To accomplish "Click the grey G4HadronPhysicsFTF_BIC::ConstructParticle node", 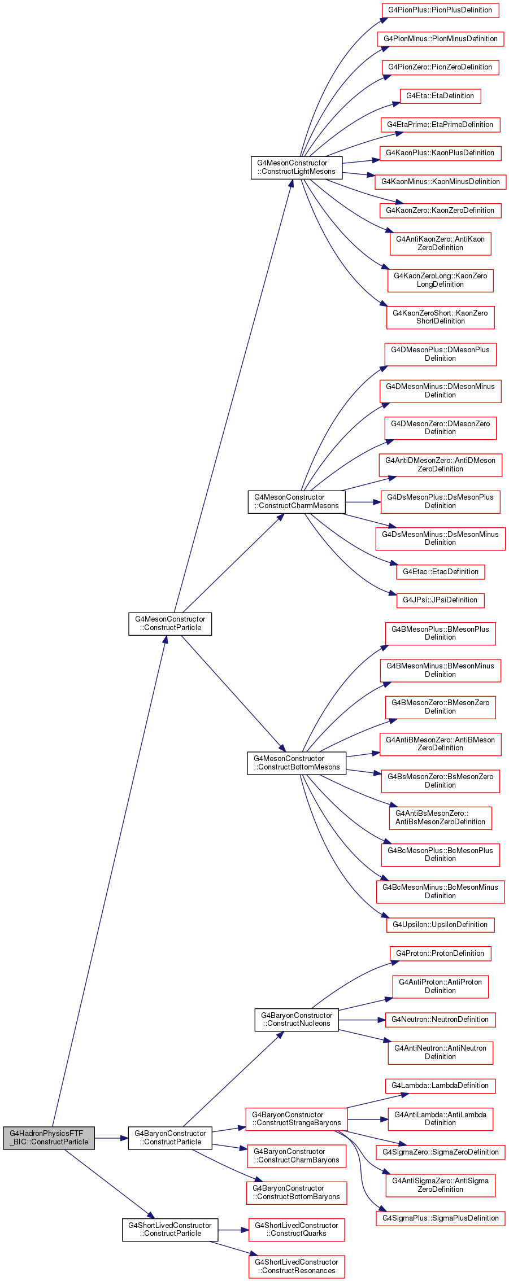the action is click(x=49, y=1138).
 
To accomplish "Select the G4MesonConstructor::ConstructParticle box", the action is click(x=170, y=623).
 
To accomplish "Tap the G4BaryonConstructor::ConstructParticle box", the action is click(x=170, y=1138).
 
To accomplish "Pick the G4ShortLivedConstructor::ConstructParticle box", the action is click(x=170, y=1229).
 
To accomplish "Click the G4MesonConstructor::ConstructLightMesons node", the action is click(x=297, y=167).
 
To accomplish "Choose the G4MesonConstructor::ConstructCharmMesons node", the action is click(x=297, y=501).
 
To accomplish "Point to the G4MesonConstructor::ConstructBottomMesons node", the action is click(x=297, y=763).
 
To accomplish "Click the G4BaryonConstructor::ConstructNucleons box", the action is click(x=297, y=1019).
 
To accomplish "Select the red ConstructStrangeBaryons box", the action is click(x=297, y=1118).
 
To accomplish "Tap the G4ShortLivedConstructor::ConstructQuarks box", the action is click(x=297, y=1229).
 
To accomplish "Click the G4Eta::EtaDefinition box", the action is click(x=440, y=96).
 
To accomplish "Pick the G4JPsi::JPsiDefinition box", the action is click(x=440, y=600).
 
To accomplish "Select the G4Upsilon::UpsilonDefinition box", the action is click(x=440, y=925).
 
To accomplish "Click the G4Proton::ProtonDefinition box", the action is click(x=440, y=954).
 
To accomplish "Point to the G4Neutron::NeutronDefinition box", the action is click(x=440, y=1020).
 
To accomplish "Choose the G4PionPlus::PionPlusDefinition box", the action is click(x=440, y=10).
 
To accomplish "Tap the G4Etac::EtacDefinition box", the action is click(x=440, y=571).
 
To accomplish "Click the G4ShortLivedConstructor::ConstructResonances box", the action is click(x=297, y=1266).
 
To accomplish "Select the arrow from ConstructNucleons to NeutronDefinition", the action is click(x=362, y=1020).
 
